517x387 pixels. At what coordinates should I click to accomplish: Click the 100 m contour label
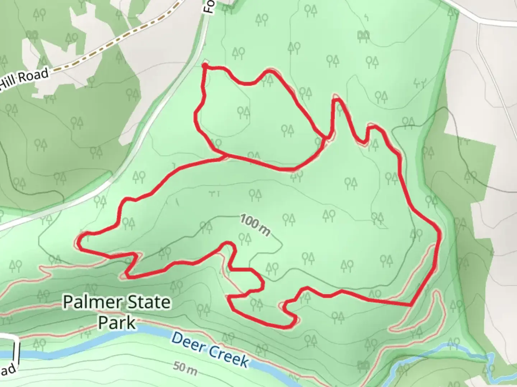(x=255, y=225)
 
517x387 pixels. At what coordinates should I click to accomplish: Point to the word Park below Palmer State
(x=117, y=322)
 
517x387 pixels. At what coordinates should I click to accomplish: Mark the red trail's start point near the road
(x=205, y=66)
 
